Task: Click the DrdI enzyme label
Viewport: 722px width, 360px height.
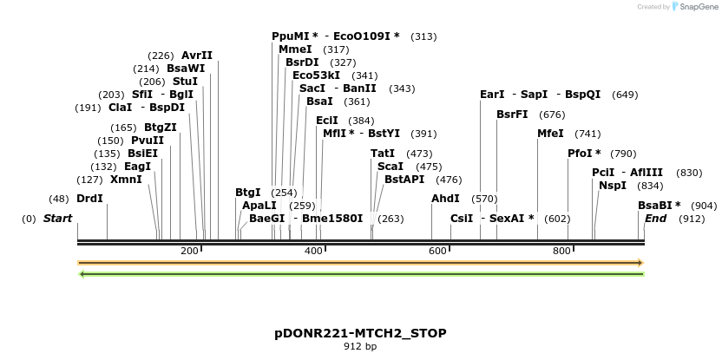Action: point(89,199)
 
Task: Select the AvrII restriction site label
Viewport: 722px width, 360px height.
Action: point(197,56)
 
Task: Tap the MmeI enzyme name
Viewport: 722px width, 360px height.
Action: point(295,49)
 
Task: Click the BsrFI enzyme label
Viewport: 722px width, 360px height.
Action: point(512,115)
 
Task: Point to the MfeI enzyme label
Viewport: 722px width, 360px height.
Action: point(550,134)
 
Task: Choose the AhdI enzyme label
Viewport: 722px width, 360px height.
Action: point(445,199)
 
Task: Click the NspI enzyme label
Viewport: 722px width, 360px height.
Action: point(613,185)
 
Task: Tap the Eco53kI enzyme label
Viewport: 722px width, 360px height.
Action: point(316,75)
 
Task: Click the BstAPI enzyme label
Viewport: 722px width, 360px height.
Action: point(404,180)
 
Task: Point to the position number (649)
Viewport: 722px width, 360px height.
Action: point(625,95)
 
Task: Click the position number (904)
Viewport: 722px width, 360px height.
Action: point(704,206)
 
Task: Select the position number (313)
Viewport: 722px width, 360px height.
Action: point(423,36)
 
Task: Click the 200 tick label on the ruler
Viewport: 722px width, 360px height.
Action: point(189,251)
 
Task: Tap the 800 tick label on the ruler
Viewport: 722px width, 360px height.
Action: point(561,251)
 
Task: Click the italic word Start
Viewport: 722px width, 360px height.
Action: point(57,219)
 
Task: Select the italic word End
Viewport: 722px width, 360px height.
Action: point(656,219)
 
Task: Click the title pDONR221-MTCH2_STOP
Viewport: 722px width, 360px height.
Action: point(360,333)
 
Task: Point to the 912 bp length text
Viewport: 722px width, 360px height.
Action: point(360,347)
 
